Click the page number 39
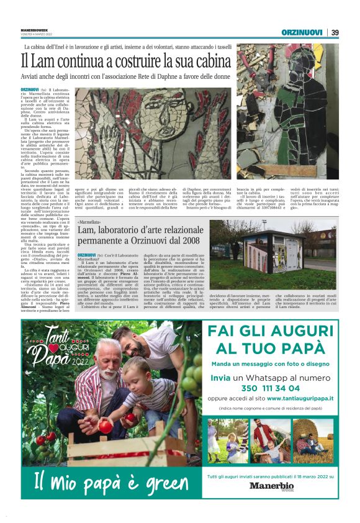click(335, 32)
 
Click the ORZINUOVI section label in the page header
click(301, 32)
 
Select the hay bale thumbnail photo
click(315, 440)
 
